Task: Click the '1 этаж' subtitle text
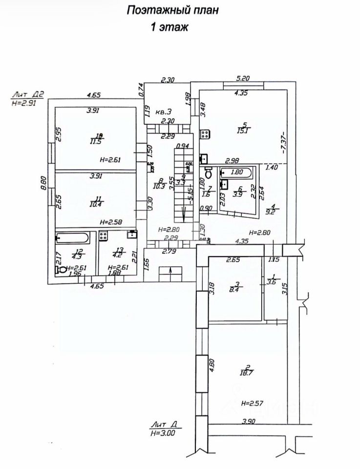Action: tap(169, 28)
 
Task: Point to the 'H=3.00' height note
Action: tap(163, 433)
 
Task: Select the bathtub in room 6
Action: tap(236, 172)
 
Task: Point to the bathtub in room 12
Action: tap(73, 238)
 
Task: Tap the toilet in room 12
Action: tap(62, 269)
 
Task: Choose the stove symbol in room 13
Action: tap(104, 235)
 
